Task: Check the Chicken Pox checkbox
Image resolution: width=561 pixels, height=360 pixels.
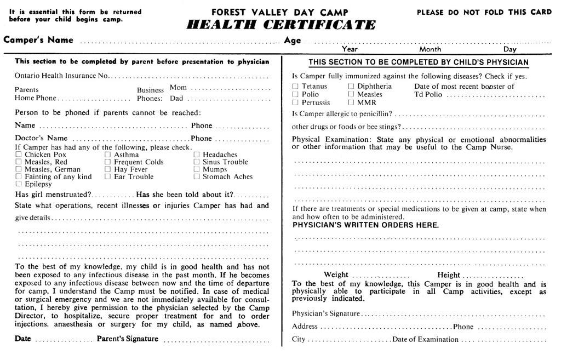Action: coord(19,155)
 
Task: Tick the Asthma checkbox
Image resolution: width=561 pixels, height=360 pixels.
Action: coord(108,155)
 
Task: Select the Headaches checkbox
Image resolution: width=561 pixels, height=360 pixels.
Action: coord(197,155)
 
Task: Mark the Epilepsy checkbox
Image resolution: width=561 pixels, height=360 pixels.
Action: coord(19,185)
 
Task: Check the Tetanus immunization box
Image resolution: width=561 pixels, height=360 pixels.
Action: coord(296,87)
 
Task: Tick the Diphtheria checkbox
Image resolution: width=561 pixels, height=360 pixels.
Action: coord(351,87)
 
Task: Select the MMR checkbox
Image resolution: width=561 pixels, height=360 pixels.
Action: coord(351,102)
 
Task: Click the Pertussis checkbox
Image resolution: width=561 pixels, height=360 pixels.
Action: coord(296,102)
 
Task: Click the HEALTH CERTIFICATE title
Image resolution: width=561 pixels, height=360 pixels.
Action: coord(281,25)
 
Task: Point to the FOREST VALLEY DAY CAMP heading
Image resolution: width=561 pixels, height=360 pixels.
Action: coord(281,12)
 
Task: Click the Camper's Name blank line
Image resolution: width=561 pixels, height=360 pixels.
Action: coord(181,42)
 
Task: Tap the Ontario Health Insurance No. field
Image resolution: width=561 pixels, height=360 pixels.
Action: coord(192,76)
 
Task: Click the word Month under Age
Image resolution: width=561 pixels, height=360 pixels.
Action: coord(430,49)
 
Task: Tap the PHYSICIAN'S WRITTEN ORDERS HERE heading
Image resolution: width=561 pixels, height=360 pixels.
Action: coord(365,225)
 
